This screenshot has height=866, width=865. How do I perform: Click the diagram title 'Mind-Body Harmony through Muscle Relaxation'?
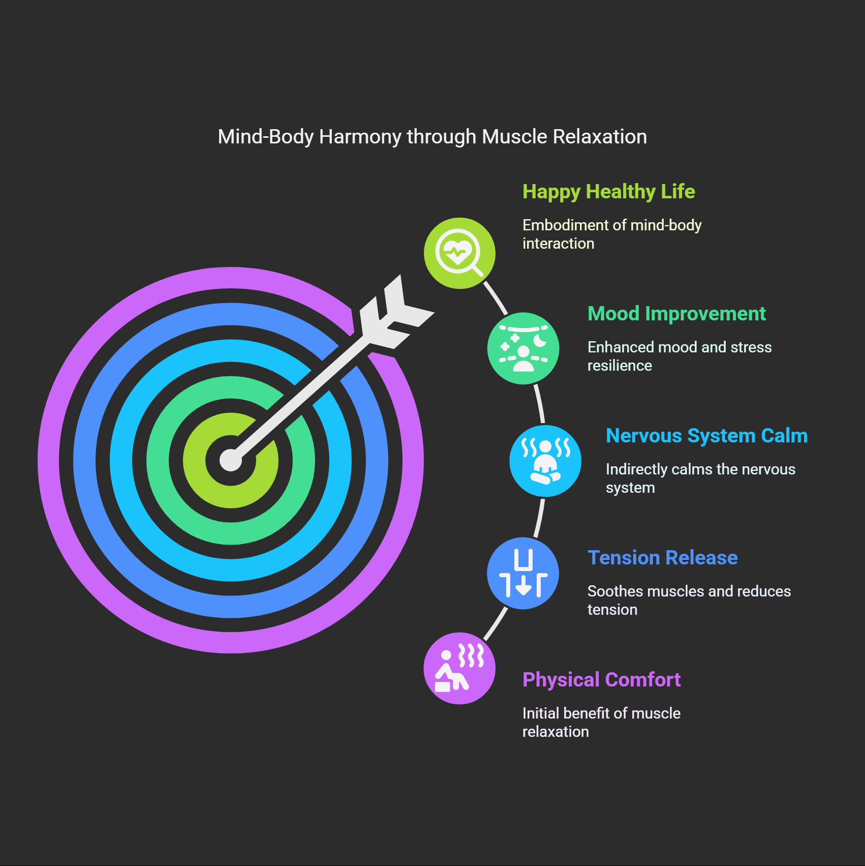pyautogui.click(x=432, y=137)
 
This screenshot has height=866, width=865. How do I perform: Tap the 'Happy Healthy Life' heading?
pyautogui.click(x=608, y=192)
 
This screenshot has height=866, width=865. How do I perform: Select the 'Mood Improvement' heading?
pyautogui.click(x=676, y=314)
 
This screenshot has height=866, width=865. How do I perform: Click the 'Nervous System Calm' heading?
pyautogui.click(x=706, y=436)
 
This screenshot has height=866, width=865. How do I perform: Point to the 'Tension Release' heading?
pyautogui.click(x=662, y=558)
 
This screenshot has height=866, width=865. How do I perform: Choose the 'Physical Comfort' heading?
pyautogui.click(x=601, y=680)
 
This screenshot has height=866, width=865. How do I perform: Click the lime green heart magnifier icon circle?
pyautogui.click(x=459, y=253)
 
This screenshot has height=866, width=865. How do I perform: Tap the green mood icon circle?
pyautogui.click(x=523, y=348)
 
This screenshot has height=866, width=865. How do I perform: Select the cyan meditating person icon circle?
pyautogui.click(x=545, y=461)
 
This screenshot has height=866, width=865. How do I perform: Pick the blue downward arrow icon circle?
pyautogui.click(x=523, y=573)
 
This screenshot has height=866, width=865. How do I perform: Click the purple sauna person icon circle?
pyautogui.click(x=459, y=668)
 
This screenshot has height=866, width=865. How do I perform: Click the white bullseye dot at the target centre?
pyautogui.click(x=231, y=460)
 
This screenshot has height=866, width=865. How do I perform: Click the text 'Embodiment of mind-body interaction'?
pyautogui.click(x=611, y=234)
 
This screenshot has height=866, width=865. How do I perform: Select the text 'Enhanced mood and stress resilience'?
pyautogui.click(x=679, y=356)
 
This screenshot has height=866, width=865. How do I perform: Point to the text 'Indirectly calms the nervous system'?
pyautogui.click(x=700, y=479)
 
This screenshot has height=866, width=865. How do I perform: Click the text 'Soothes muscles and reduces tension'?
pyautogui.click(x=689, y=601)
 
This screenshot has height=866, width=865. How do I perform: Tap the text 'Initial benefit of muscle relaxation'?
pyautogui.click(x=601, y=723)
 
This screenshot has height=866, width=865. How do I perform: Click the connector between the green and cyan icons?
pyautogui.click(x=540, y=404)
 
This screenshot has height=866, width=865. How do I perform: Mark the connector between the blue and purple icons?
pyautogui.click(x=496, y=624)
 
